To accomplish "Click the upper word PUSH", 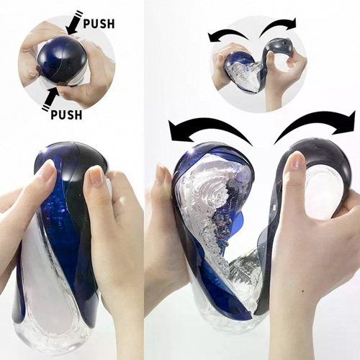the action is coord(99,24).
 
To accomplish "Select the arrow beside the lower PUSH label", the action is coord(53,99).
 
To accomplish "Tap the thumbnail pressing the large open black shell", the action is coord(295,161).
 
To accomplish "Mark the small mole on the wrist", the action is coord(303,292).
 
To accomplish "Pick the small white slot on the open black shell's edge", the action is coord(274,207).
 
